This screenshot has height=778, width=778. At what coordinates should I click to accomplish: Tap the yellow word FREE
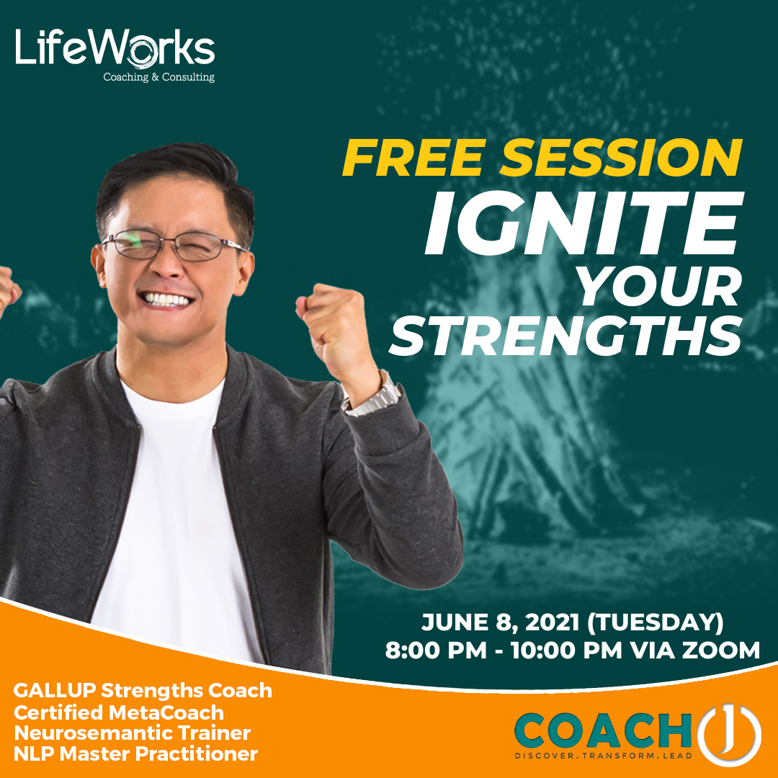tap(408, 158)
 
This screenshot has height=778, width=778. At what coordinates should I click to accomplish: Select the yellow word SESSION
tap(614, 158)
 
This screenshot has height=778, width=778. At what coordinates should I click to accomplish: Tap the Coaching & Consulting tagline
tap(158, 77)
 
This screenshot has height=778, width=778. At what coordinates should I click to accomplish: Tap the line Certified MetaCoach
tap(119, 712)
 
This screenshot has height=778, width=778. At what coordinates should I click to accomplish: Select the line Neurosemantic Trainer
tap(132, 733)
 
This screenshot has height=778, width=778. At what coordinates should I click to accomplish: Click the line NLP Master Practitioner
tap(135, 754)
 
